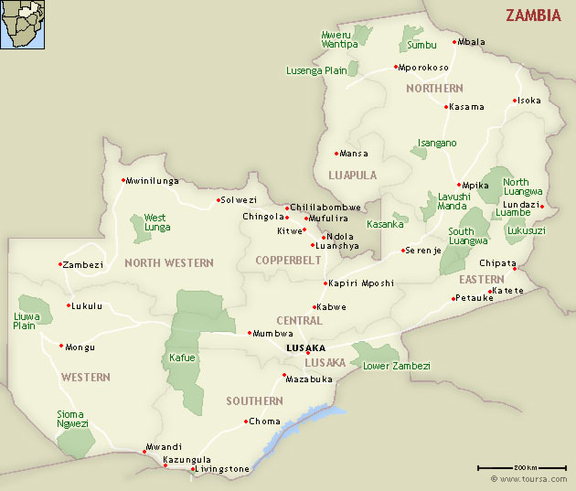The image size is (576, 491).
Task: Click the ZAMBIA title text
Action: pos(533,16)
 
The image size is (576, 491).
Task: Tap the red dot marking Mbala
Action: pos(454,42)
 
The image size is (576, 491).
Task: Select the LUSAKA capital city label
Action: pos(305,348)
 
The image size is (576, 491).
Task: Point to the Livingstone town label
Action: pos(223,469)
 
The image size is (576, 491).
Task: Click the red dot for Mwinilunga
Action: pos(123,180)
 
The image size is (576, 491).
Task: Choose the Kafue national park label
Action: pos(182,358)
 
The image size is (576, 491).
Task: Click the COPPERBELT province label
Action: pos(288,261)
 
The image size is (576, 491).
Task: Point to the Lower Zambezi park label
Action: pos(396,366)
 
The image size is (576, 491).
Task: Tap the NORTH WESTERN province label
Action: pos(168,263)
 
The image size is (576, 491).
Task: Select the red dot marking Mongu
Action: pos(61,346)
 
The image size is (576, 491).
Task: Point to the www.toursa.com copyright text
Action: pos(529,478)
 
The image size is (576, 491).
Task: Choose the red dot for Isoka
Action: pos(515,101)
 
